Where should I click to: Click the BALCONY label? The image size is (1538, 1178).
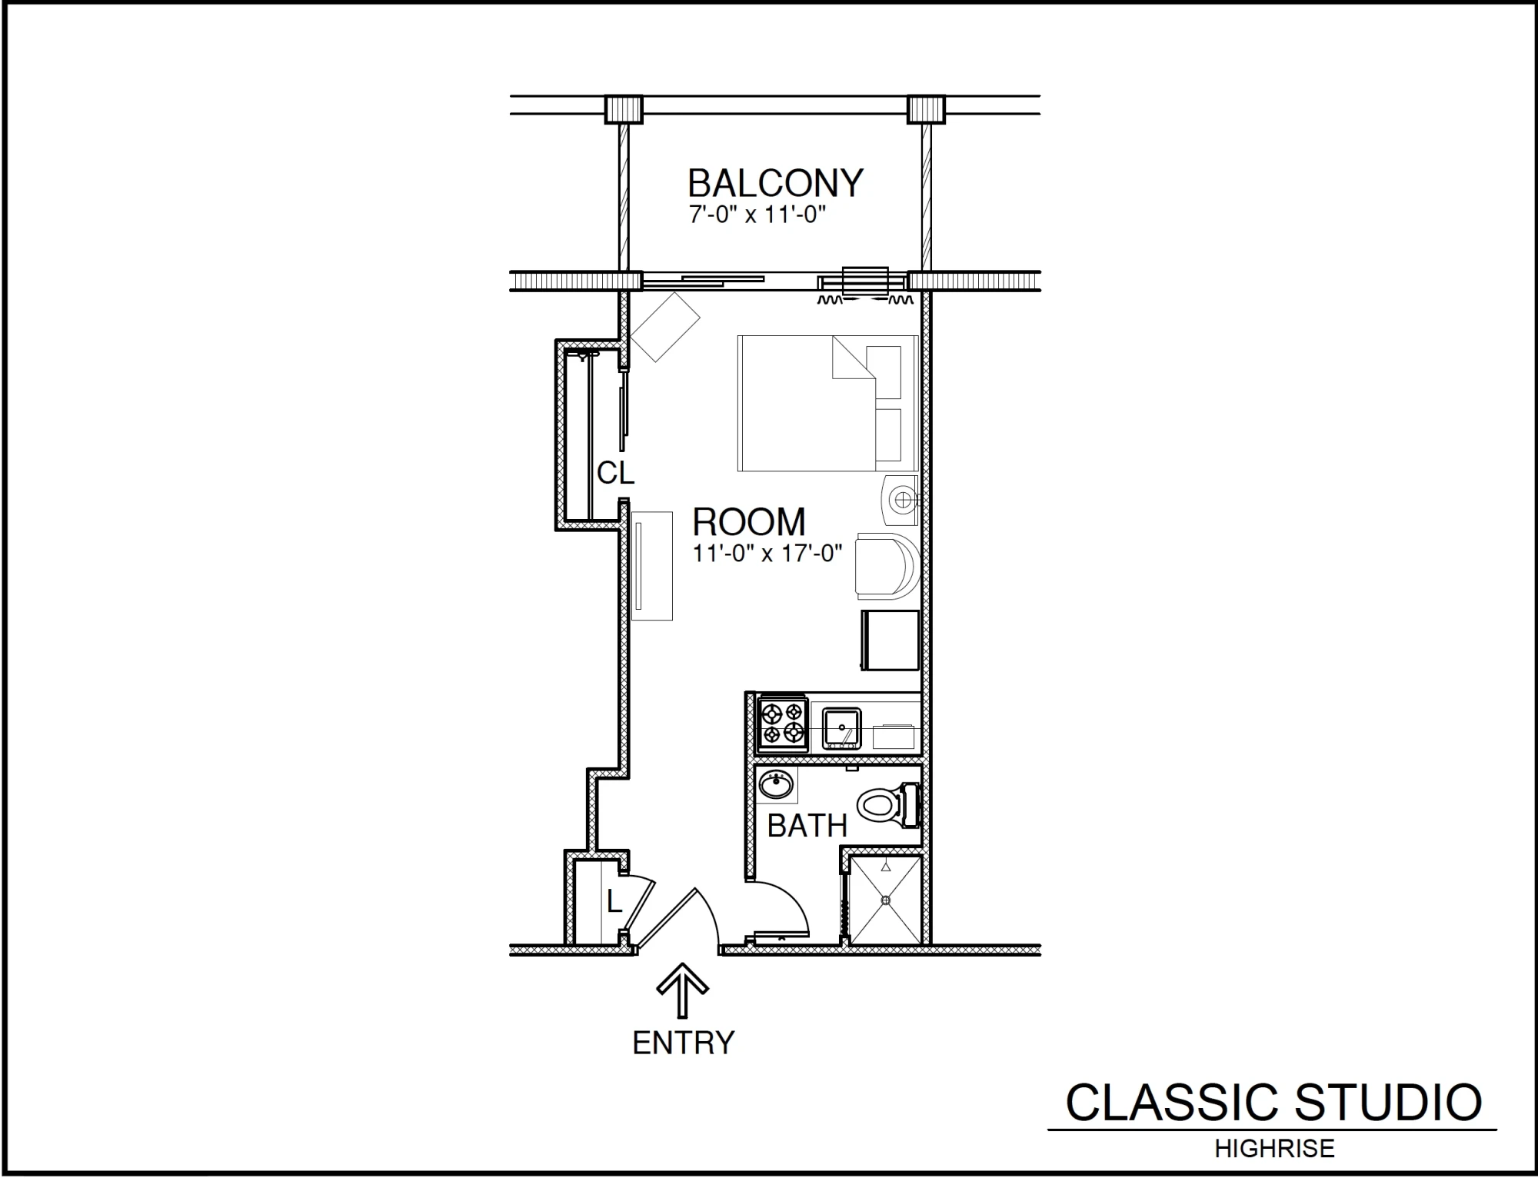pos(775,183)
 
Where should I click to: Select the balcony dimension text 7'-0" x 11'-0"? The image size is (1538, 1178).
pos(757,215)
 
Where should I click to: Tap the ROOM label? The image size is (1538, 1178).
pos(749,522)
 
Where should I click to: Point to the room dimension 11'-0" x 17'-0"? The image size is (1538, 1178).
pos(767,553)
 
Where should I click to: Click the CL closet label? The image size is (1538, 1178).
pos(615,473)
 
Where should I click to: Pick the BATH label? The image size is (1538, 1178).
pos(807,826)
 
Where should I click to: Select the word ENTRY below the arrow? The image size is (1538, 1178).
pos(683,1043)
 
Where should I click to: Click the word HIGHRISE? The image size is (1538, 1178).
pos(1274,1149)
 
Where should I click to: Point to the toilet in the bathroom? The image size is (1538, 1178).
pos(888,805)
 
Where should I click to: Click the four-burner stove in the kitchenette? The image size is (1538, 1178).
pos(783,724)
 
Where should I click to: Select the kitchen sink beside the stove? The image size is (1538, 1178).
pos(842,729)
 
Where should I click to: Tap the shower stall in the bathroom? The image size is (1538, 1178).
pos(884,900)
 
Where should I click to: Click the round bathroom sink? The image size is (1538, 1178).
pos(776,785)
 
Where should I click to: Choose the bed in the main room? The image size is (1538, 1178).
pos(827,403)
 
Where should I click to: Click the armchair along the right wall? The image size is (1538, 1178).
pos(888,566)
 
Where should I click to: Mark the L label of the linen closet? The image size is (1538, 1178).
pos(614,901)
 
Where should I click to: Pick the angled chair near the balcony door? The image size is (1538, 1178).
pos(665,327)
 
